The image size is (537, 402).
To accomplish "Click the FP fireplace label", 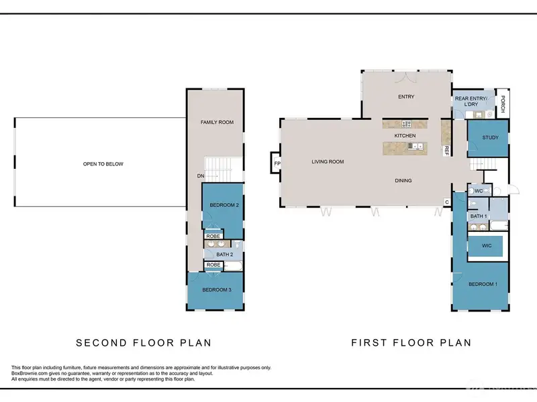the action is click(277, 163).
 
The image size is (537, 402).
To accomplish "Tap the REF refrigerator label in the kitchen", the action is click(446, 151).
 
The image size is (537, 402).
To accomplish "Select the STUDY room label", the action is click(491, 137).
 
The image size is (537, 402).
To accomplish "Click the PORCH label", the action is click(503, 104).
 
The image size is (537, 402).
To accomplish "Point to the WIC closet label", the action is click(487, 245).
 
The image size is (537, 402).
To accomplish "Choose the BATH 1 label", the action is click(479, 216).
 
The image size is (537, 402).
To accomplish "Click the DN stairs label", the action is click(201, 176).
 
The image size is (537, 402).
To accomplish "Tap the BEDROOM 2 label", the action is click(224, 205).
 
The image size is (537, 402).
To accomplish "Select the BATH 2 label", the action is click(225, 255).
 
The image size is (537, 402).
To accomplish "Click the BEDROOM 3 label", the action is click(217, 290).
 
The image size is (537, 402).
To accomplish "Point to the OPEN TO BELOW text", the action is click(103, 164).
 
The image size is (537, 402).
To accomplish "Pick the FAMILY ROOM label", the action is click(217, 122).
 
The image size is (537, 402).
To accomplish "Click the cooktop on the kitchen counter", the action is click(407, 124).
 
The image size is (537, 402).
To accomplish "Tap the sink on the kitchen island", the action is click(416, 146).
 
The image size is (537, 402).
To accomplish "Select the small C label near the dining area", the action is click(447, 202).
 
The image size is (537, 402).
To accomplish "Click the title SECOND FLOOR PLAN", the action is click(144, 343).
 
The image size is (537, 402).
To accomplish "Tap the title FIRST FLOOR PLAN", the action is click(411, 342).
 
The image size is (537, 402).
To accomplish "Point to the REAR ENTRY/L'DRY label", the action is click(471, 101).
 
